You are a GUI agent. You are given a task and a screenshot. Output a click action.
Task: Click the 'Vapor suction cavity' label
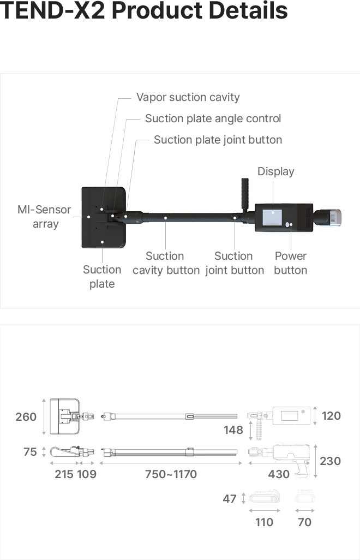[188, 97]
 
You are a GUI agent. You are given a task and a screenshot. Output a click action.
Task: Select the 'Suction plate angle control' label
[213, 118]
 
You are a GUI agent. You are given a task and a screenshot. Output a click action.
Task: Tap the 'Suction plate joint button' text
[218, 140]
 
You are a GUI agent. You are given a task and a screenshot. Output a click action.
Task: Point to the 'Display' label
[275, 171]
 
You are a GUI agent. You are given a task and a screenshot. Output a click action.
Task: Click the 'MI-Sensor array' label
[44, 217]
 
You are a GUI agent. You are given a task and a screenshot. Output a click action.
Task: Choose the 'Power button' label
[290, 263]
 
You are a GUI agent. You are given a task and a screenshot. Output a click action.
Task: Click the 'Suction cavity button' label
[166, 263]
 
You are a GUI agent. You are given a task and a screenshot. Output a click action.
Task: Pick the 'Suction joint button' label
[234, 263]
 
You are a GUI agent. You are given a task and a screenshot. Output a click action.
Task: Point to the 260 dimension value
[26, 417]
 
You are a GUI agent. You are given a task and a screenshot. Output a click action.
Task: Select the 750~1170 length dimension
[171, 474]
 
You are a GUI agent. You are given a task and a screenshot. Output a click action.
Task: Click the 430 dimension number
[279, 474]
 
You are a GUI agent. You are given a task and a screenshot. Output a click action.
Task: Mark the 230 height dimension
[330, 461]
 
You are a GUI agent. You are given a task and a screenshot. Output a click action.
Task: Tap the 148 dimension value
[233, 430]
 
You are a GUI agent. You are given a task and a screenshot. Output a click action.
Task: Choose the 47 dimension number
[230, 499]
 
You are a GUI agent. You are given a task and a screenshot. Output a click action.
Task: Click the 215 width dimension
[64, 474]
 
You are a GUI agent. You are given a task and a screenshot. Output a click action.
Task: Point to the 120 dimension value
[331, 416]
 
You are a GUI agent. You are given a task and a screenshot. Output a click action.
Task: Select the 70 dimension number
[304, 522]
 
